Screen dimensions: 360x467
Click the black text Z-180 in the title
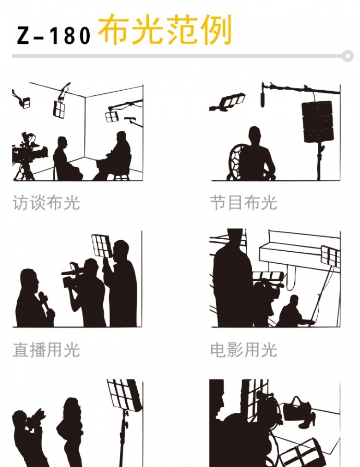point(53,35)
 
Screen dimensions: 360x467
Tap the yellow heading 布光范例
point(165,30)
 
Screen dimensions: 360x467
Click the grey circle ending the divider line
point(347,56)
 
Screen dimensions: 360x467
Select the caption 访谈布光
point(46,203)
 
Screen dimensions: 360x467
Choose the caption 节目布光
point(244,203)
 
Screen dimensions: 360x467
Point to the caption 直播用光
point(46,350)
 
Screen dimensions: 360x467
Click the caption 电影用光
point(244,350)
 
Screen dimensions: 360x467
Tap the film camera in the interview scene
point(29,149)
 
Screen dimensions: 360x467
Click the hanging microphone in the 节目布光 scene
point(262,95)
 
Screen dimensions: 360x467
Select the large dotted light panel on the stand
point(318,121)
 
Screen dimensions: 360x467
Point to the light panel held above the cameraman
point(102,245)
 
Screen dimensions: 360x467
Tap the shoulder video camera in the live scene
point(73,276)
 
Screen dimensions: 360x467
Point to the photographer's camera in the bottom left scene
point(33,419)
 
